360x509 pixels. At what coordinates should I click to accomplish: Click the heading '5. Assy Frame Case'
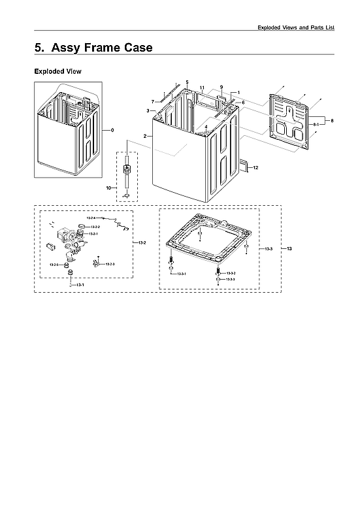(x=93, y=48)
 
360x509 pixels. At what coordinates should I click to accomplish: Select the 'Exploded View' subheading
(x=57, y=71)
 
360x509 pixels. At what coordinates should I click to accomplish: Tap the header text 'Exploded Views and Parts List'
(x=296, y=27)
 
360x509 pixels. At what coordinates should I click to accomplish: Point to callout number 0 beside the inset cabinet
(x=112, y=130)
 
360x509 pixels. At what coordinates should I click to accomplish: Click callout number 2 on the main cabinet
(x=144, y=135)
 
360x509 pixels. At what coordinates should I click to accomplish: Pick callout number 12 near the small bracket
(x=255, y=168)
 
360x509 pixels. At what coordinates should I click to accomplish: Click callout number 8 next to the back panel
(x=332, y=121)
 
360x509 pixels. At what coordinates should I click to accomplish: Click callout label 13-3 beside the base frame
(x=269, y=249)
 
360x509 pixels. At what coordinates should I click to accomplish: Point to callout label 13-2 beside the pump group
(x=142, y=242)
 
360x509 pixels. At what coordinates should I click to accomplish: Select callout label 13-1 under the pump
(x=79, y=286)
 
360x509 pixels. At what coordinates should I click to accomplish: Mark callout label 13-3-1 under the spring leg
(x=182, y=274)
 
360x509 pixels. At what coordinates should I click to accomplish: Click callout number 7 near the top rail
(x=153, y=101)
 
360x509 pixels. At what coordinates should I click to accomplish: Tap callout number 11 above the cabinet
(x=202, y=88)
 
